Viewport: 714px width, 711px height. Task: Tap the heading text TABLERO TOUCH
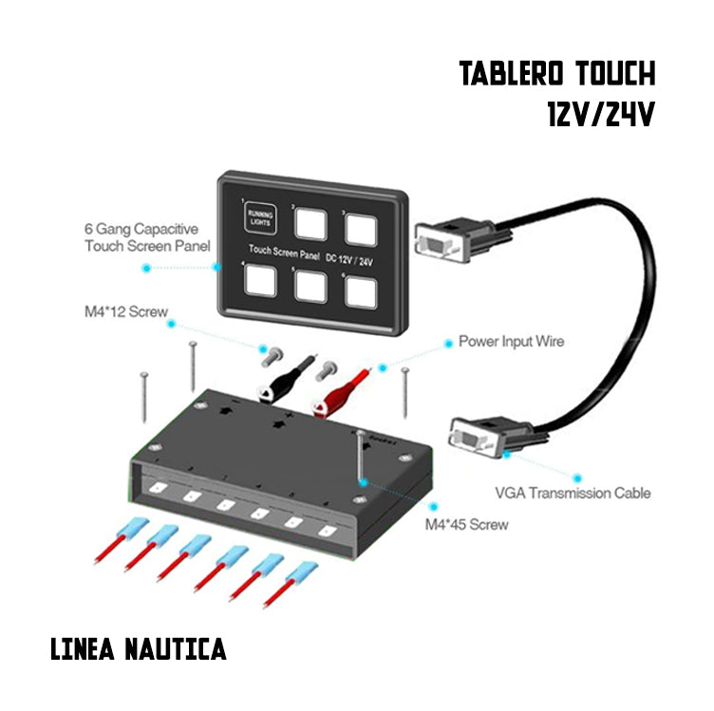557,74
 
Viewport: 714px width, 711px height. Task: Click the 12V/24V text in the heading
601,115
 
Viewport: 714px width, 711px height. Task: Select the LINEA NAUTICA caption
139,649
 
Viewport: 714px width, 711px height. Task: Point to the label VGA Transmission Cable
573,493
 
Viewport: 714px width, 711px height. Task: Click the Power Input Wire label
510,340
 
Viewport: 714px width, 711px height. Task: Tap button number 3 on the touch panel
361,230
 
